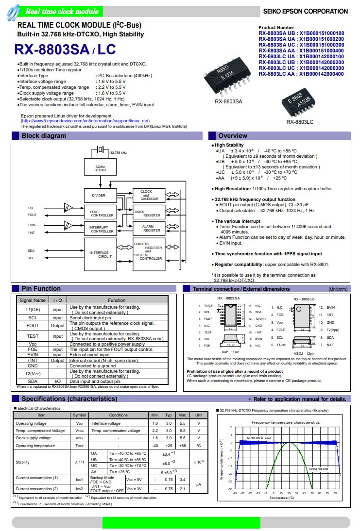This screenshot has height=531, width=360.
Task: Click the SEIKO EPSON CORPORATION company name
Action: point(305,11)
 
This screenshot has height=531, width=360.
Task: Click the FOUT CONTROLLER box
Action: point(102,213)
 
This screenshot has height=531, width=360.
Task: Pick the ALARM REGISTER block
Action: point(152,228)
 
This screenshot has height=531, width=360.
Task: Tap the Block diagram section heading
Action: point(44,136)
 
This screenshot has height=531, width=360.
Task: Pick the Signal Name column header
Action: point(33,300)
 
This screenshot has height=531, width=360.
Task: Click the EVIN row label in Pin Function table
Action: point(33,354)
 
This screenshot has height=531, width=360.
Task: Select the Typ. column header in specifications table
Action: point(169,415)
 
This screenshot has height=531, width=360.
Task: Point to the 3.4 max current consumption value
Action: point(183,480)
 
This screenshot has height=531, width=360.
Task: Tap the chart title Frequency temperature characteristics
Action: point(285,422)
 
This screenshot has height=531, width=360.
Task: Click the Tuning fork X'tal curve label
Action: point(318,468)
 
